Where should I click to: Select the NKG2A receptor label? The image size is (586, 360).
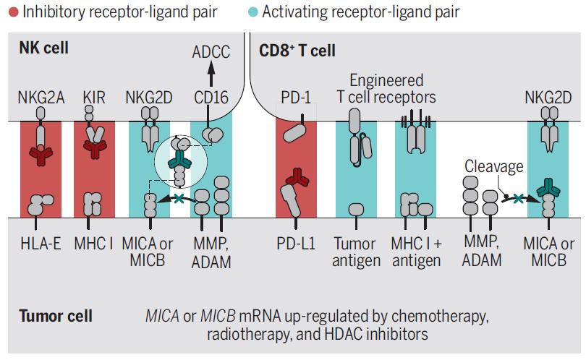coord(41,97)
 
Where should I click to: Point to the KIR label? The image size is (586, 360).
coord(93,97)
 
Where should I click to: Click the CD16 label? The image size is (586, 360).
coord(211,97)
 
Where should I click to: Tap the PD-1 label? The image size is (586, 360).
coord(297,97)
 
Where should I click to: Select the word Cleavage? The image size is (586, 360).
coord(494,167)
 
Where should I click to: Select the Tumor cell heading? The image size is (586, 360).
coord(55,316)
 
